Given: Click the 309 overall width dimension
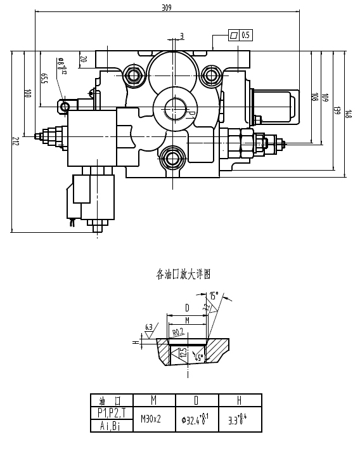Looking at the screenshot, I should pyautogui.click(x=167, y=8).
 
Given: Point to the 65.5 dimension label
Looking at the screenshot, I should pyautogui.click(x=44, y=79).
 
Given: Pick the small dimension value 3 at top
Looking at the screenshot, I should pyautogui.click(x=182, y=36).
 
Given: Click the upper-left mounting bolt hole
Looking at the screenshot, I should pyautogui.click(x=133, y=76).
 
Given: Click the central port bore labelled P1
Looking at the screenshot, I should pyautogui.click(x=174, y=108).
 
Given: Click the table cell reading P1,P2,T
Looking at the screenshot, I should pyautogui.click(x=112, y=413).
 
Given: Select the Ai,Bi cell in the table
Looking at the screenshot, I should pyautogui.click(x=112, y=426).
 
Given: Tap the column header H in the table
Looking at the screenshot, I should pyautogui.click(x=240, y=400).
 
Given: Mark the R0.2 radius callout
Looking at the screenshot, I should pyautogui.click(x=178, y=331).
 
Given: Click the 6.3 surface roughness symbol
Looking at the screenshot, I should pyautogui.click(x=149, y=328).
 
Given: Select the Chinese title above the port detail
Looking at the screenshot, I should pyautogui.click(x=183, y=275).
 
